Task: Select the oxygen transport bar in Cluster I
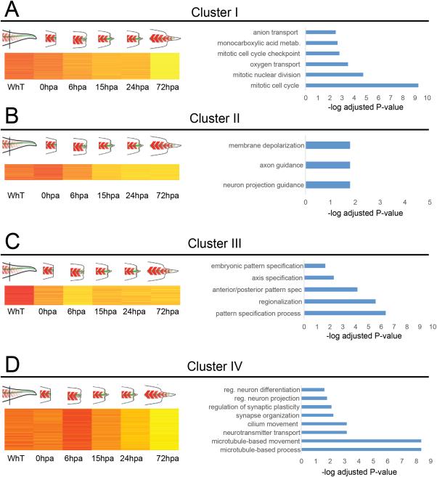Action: [327, 64]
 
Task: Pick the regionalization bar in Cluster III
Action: [340, 301]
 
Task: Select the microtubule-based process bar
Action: [363, 450]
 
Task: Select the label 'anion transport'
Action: [277, 33]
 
